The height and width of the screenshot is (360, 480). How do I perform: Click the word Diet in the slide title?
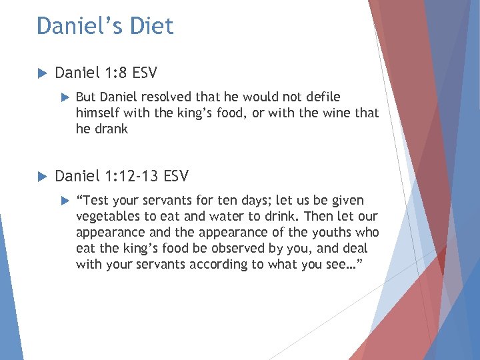click(x=152, y=26)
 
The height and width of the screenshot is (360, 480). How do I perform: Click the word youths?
click(x=333, y=233)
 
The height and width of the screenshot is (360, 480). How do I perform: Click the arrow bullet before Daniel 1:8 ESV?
click(x=41, y=72)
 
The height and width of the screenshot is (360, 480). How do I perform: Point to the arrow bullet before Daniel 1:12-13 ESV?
click(x=41, y=177)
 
